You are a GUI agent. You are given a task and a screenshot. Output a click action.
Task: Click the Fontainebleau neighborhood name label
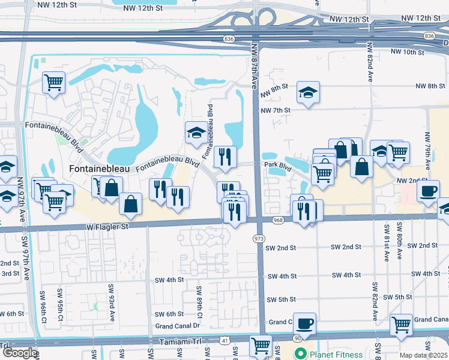[x=99, y=169]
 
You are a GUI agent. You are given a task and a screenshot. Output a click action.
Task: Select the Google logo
[x=19, y=353]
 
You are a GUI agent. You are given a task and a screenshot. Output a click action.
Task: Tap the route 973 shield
[x=259, y=239]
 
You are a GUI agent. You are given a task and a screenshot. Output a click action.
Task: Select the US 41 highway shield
[x=224, y=340]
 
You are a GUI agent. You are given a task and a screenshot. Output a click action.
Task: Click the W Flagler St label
[x=108, y=227]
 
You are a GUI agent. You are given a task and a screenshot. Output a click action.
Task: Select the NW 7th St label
[x=276, y=110]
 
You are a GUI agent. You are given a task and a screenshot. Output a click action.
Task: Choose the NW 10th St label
[x=407, y=53]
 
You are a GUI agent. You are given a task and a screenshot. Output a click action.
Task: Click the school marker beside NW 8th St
[x=308, y=92]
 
